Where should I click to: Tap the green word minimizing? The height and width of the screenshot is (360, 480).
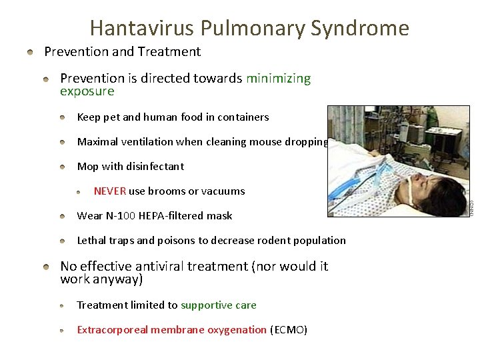tap(278, 79)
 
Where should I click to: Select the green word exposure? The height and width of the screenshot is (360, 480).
tap(87, 91)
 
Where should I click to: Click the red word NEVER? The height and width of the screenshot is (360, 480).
tap(110, 191)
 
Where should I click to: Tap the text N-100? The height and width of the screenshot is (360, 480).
tap(121, 216)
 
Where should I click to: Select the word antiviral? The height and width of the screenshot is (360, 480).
tap(167, 267)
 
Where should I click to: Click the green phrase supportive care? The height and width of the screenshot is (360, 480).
tap(219, 305)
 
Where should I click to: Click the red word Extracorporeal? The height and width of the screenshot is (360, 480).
tap(113, 330)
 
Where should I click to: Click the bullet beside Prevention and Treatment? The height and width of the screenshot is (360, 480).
tap(30, 52)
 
